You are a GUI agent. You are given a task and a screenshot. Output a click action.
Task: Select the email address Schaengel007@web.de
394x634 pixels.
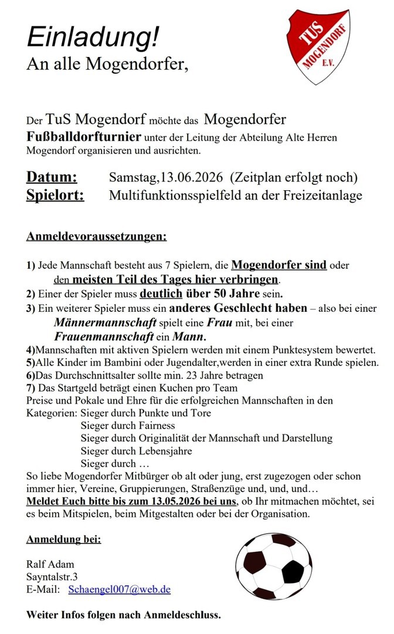[x=120, y=589]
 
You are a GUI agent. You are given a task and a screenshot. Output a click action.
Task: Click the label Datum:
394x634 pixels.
[x=52, y=177]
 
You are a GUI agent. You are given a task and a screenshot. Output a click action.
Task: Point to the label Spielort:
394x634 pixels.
[x=55, y=195]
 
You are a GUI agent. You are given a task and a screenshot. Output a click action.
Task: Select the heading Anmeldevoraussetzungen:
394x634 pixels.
[x=96, y=237]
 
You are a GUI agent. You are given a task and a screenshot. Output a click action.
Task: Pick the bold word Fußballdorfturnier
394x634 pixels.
[x=84, y=137]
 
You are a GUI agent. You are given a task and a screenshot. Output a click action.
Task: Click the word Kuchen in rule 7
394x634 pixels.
[x=175, y=388]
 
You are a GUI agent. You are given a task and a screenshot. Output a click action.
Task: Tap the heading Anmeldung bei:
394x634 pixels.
[x=64, y=539]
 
